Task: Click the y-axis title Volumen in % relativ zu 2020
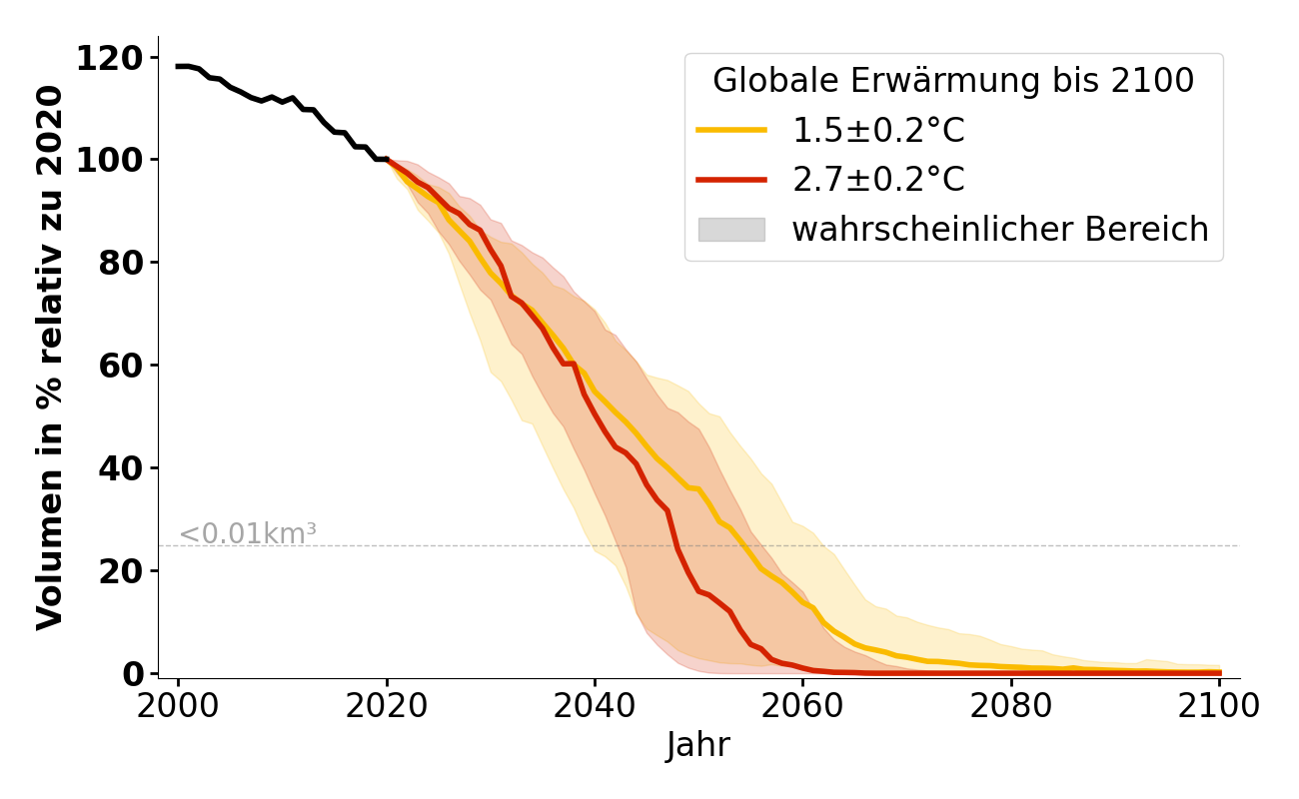[x=50, y=358]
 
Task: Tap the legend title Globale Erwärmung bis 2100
[x=953, y=81]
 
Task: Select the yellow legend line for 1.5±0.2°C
[x=731, y=131]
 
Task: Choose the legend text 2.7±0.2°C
[x=878, y=180]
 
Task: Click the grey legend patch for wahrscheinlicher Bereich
[x=731, y=230]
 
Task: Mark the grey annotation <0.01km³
[x=248, y=534]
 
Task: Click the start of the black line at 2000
[x=179, y=66]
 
